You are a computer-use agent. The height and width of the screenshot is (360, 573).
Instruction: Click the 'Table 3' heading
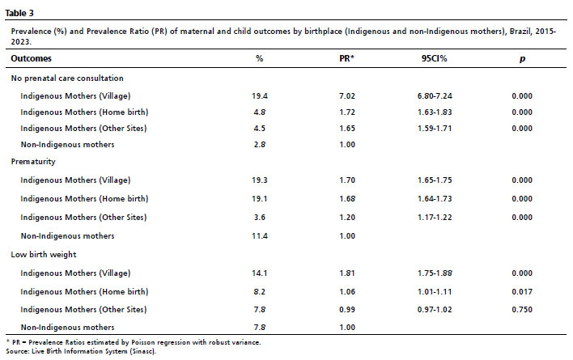(x=23, y=12)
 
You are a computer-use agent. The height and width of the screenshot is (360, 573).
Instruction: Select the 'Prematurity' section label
(x=31, y=163)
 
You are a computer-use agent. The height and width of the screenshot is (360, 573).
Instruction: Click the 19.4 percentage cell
(x=259, y=95)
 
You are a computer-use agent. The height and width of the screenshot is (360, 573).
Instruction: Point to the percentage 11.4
(x=259, y=235)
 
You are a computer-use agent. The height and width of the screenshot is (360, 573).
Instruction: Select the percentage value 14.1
(x=259, y=273)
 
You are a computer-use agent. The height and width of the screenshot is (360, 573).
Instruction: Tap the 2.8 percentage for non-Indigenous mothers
(x=259, y=144)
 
